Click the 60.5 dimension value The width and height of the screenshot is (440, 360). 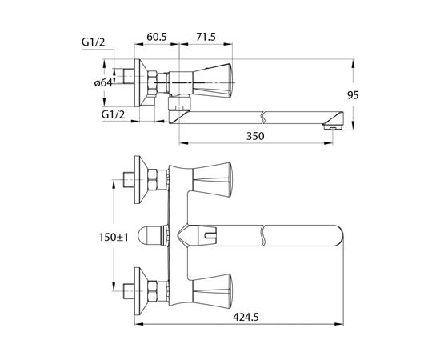click(157, 37)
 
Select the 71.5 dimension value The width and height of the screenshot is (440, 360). click(206, 37)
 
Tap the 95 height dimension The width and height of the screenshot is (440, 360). click(353, 95)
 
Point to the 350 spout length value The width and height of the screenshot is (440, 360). click(255, 136)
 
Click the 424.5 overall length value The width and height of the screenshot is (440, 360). click(246, 318)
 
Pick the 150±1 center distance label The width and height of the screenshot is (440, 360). click(114, 237)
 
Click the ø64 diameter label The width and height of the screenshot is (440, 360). click(103, 82)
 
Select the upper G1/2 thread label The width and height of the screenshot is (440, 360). click(93, 42)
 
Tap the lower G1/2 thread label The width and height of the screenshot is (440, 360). click(113, 114)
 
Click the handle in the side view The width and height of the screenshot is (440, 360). click(213, 81)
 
